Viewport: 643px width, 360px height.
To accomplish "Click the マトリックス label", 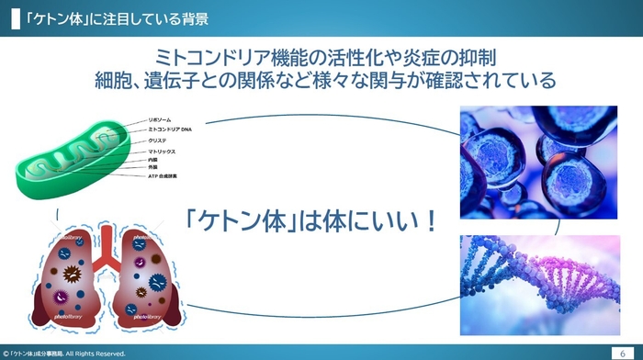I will tap(162, 151).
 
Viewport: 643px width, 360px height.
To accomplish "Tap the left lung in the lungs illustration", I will tap(69, 276).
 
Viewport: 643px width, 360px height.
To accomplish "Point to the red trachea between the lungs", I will tap(107, 243).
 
